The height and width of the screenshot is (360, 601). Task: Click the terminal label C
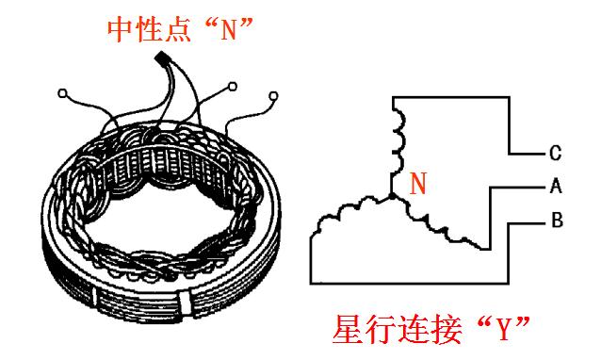click(556, 152)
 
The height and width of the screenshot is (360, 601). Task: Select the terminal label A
click(556, 187)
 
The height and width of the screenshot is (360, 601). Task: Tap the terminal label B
click(556, 222)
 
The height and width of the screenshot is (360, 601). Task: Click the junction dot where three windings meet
click(390, 197)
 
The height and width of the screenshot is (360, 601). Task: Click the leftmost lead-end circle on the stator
click(63, 93)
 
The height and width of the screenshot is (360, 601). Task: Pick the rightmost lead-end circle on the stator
click(274, 95)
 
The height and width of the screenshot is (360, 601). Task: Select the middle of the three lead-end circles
click(230, 90)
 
